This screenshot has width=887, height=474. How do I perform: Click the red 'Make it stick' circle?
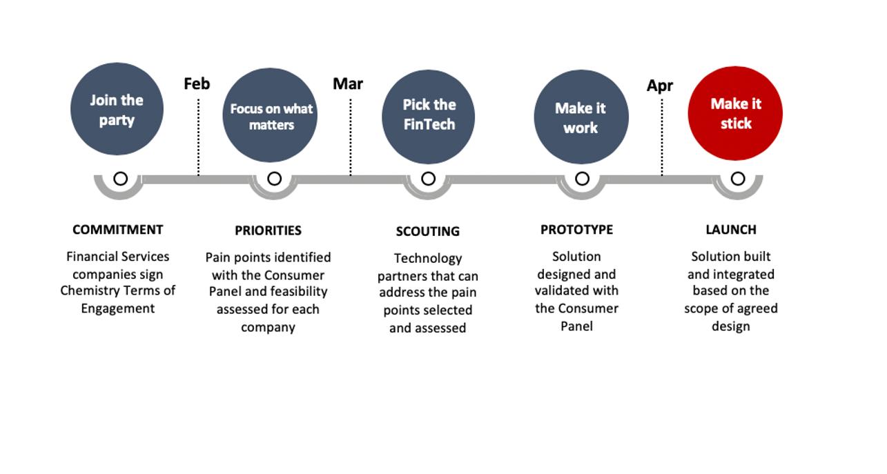point(735,113)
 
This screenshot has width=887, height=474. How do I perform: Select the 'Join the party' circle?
point(117,109)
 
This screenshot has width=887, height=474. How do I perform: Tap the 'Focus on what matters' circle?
point(270,115)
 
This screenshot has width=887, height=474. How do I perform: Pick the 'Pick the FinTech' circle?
point(429,117)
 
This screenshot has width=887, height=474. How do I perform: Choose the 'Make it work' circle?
point(581,117)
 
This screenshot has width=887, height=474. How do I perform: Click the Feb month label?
point(197,84)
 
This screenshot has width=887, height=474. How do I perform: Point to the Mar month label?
point(348,84)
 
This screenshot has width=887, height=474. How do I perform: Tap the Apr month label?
point(660,86)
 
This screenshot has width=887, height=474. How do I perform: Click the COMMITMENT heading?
point(117,230)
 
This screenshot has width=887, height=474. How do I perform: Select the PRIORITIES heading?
point(268,230)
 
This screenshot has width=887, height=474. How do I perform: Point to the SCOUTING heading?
point(428,231)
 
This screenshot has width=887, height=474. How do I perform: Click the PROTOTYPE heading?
point(576,230)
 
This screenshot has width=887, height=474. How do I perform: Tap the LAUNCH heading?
point(731,230)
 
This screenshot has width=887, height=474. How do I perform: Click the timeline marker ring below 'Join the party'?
point(121,179)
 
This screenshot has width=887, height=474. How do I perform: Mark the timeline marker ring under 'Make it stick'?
point(738,179)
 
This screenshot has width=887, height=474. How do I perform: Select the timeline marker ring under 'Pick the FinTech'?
point(428,179)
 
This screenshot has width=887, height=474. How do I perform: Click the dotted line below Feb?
point(198,137)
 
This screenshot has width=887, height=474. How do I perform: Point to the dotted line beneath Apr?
point(662,137)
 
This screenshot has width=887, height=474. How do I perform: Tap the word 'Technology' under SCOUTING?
point(428,259)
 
